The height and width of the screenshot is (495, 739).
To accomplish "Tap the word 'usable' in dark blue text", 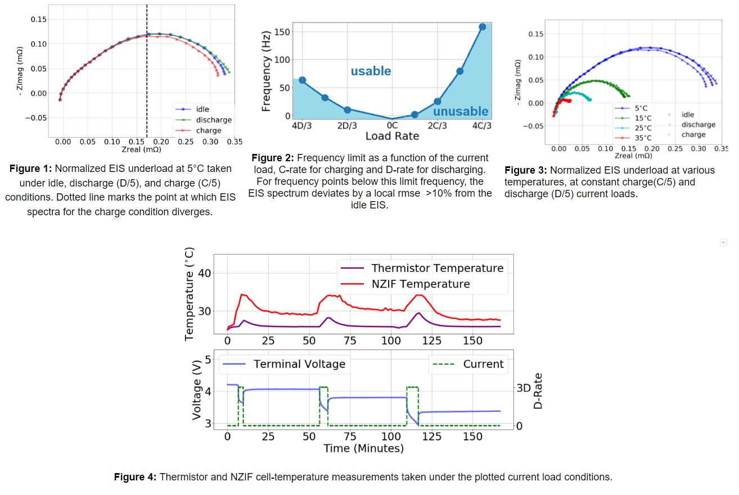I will [x=371, y=71].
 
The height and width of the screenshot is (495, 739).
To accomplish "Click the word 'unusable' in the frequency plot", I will [x=461, y=111].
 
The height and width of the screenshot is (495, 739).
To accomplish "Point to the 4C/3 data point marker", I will [x=483, y=26].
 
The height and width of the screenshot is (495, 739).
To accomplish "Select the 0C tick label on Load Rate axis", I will [x=392, y=125].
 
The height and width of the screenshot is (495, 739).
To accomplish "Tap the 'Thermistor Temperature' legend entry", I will [x=437, y=268].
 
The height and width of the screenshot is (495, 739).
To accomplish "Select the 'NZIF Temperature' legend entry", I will [x=420, y=284].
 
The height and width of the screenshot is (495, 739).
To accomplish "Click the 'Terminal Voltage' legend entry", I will [x=299, y=364].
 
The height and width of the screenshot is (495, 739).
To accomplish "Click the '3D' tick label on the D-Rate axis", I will [x=524, y=389].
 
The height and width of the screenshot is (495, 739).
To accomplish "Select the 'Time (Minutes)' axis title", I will [x=363, y=448].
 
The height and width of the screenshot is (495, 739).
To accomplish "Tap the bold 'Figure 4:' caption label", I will [x=136, y=477].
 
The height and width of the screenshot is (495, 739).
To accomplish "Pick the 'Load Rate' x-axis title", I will [x=392, y=136].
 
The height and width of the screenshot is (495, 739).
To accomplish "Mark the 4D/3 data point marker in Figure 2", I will [x=302, y=80].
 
